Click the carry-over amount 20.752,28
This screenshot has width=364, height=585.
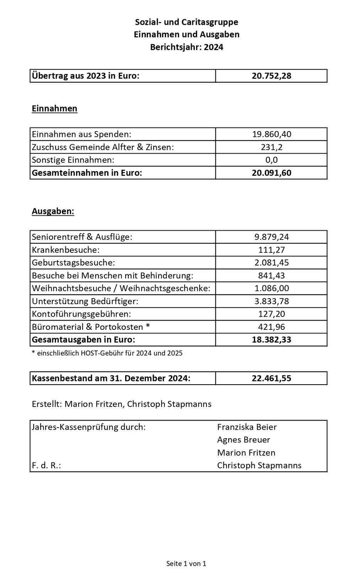pyautogui.click(x=271, y=76)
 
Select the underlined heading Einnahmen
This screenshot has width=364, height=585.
pyautogui.click(x=54, y=108)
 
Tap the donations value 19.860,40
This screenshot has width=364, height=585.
pyautogui.click(x=271, y=134)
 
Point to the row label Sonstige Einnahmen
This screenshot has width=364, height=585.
pyautogui.click(x=73, y=160)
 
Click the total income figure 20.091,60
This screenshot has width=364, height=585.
pyautogui.click(x=271, y=173)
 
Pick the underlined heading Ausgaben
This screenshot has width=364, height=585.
pyautogui.click(x=53, y=211)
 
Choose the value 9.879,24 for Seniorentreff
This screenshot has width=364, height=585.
pyautogui.click(x=271, y=237)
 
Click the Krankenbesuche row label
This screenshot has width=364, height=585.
pyautogui.click(x=66, y=250)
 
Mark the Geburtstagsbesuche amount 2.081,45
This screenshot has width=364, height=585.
pyautogui.click(x=271, y=263)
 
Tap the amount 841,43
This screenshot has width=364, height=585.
pyautogui.click(x=271, y=275)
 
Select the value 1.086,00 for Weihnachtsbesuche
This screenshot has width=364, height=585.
pyautogui.click(x=271, y=288)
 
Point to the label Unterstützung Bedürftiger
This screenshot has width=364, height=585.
pyautogui.click(x=85, y=301)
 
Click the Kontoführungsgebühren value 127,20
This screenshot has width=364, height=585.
pyautogui.click(x=271, y=314)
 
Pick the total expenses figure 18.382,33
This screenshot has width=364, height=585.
pyautogui.click(x=271, y=340)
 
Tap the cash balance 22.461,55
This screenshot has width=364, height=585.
pyautogui.click(x=271, y=378)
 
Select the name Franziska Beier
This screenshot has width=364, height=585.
pyautogui.click(x=247, y=427)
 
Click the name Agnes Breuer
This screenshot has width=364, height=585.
pyautogui.click(x=243, y=440)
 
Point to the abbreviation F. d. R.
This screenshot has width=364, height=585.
pyautogui.click(x=46, y=466)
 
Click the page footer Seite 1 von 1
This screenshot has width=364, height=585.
pyautogui.click(x=186, y=564)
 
